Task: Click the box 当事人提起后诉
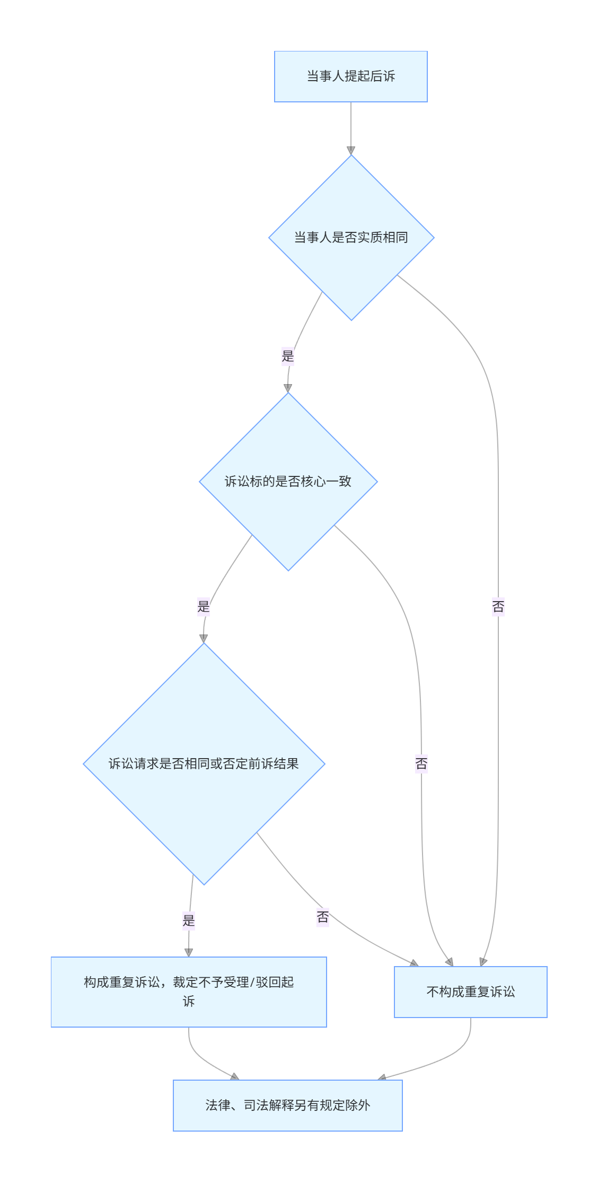click(350, 76)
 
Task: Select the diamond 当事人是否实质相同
click(351, 237)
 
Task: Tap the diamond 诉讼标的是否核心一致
click(288, 481)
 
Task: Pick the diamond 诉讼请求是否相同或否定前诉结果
click(204, 763)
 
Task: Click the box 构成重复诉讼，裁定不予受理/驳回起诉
click(188, 992)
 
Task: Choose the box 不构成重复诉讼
click(470, 992)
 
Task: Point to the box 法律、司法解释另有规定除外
click(287, 1105)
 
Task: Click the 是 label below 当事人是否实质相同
click(288, 356)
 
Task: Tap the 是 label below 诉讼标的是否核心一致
click(204, 606)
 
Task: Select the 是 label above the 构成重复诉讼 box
click(189, 920)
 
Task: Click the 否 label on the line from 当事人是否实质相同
click(498, 606)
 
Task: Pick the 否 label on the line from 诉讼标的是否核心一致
click(421, 763)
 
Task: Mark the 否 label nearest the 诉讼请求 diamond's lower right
click(323, 917)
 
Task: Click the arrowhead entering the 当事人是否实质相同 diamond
click(351, 151)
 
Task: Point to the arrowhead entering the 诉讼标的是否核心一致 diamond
click(288, 388)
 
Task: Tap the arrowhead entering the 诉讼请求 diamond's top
click(204, 639)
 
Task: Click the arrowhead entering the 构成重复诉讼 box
click(189, 953)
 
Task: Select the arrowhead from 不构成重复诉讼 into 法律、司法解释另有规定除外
click(382, 1077)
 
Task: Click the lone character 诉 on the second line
click(189, 1001)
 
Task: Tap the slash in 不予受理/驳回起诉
click(252, 983)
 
